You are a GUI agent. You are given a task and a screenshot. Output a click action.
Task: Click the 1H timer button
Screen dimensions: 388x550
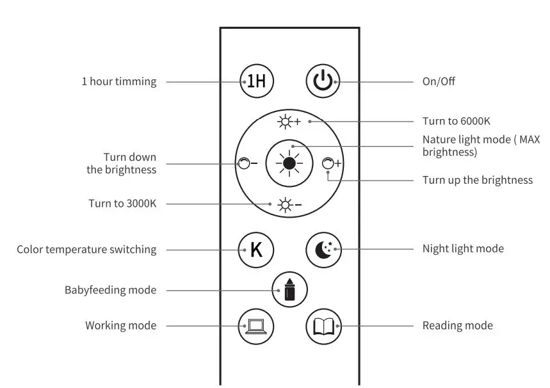[256, 81]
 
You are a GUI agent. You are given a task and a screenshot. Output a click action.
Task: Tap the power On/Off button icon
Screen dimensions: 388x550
[323, 81]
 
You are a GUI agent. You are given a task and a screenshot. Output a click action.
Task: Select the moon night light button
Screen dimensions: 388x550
[323, 249]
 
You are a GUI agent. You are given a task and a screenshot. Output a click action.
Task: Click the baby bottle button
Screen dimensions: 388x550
[289, 289]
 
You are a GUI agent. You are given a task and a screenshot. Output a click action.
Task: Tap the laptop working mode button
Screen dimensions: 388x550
[255, 325]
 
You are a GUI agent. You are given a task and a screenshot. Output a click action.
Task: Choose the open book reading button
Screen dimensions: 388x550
[323, 325]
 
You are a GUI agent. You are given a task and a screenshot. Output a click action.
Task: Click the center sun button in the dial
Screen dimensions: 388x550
[289, 163]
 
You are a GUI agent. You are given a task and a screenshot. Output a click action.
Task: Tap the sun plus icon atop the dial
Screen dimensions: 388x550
[289, 121]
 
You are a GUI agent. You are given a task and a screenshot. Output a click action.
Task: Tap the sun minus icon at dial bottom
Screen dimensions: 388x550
[289, 205]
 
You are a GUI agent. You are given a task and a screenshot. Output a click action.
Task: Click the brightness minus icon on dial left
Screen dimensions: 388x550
[247, 163]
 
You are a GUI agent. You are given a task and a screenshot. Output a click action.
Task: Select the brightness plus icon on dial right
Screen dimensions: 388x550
[331, 163]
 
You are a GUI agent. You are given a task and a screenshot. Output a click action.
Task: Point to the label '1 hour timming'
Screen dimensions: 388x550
[118, 82]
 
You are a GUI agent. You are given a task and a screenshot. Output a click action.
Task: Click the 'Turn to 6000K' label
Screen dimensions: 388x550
[456, 121]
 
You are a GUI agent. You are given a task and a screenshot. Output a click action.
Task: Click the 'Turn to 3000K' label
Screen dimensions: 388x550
[122, 204]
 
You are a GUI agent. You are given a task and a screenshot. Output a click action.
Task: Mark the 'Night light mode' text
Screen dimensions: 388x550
[462, 248]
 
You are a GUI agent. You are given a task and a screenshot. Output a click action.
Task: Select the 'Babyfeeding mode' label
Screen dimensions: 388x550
[110, 290]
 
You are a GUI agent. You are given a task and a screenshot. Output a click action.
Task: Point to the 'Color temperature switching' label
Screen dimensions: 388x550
[86, 250]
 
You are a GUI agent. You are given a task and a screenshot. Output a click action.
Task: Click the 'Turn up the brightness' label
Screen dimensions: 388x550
[477, 180]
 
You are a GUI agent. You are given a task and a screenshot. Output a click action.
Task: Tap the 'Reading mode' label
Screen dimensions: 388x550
[457, 325]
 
